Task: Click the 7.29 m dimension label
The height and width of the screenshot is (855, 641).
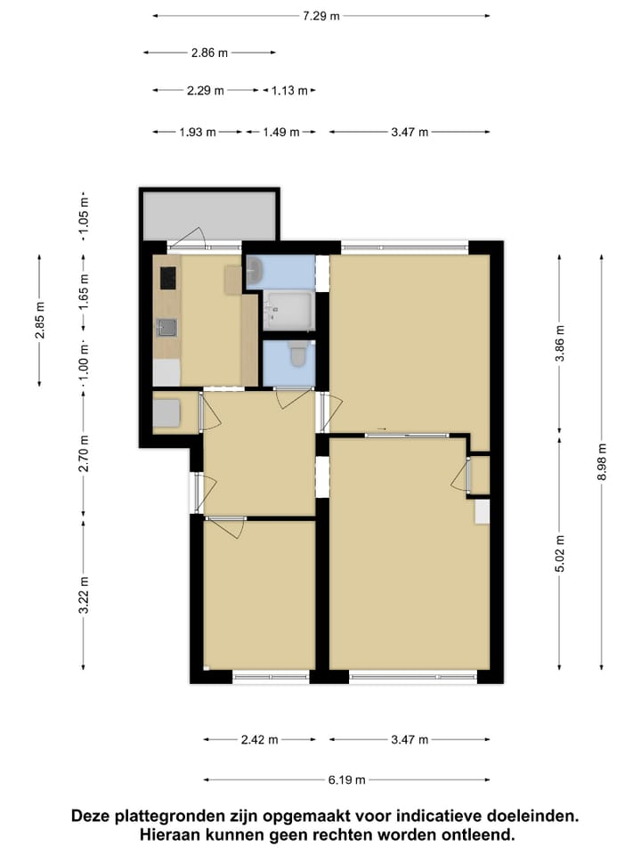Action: (x=320, y=16)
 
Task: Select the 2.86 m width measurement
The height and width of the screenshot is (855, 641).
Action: (x=209, y=53)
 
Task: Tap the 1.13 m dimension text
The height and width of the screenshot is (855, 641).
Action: (x=288, y=90)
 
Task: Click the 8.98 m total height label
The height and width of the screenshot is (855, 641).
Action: (x=603, y=462)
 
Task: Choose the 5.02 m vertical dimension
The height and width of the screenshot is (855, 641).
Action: (x=559, y=552)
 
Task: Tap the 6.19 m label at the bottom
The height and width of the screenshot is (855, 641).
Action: (x=346, y=780)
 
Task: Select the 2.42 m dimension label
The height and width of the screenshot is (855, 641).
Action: (x=260, y=739)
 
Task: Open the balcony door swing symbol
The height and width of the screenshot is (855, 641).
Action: (x=190, y=237)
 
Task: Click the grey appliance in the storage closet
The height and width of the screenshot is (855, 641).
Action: (x=167, y=413)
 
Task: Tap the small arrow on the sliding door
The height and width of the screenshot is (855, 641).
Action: (x=382, y=429)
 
